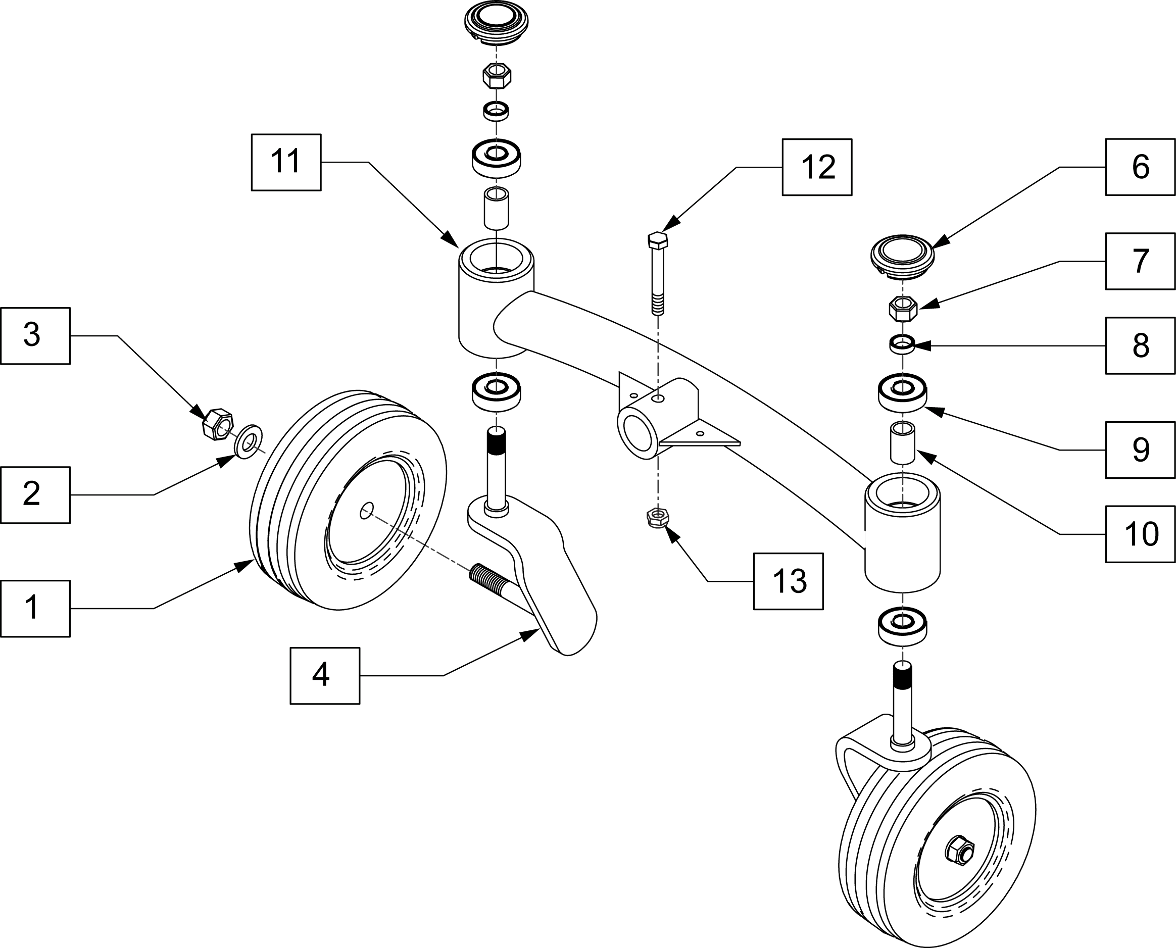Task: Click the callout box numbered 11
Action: click(x=286, y=162)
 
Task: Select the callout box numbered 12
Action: click(x=817, y=167)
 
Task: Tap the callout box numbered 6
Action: click(x=1140, y=167)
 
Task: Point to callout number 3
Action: click(x=35, y=335)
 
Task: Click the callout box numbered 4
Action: click(x=324, y=675)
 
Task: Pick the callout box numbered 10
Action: click(x=1140, y=534)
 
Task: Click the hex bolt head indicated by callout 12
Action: click(x=658, y=240)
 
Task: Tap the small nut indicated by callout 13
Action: click(x=658, y=517)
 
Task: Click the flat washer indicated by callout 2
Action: click(x=249, y=441)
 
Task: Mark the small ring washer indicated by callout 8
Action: click(x=902, y=344)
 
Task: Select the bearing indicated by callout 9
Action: click(x=902, y=393)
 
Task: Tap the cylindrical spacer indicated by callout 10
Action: click(x=903, y=442)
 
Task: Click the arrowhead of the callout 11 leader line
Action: click(x=451, y=240)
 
